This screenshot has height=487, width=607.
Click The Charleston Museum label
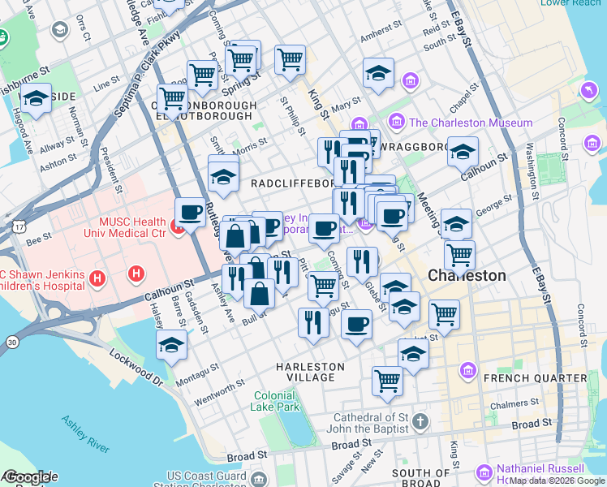(471, 123)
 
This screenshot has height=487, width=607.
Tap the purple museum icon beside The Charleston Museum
(397, 123)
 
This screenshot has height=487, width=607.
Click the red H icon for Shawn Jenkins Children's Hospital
(98, 280)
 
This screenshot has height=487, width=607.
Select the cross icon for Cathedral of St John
(419, 421)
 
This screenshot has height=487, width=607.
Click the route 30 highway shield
(11, 343)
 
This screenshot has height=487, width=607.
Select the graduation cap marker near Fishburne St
(36, 99)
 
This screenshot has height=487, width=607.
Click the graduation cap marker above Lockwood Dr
(172, 345)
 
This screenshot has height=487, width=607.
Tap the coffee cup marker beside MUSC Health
(190, 213)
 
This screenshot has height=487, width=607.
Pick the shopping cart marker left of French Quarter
(388, 380)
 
